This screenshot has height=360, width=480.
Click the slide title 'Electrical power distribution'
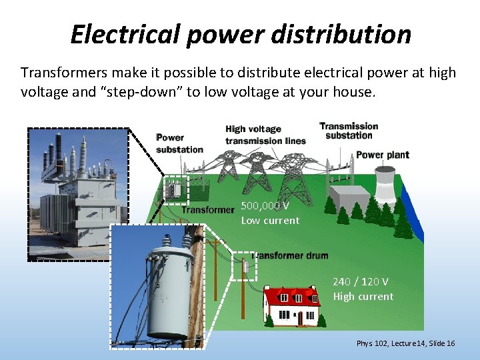pos(241,34)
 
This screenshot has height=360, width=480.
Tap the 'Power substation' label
pos(179,144)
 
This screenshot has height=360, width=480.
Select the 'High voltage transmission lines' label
pos(265,135)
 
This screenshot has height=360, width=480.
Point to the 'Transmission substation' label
pos(349,131)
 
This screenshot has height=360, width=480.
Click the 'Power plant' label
pos(383,155)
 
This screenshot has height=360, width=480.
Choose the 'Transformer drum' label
pos(291,255)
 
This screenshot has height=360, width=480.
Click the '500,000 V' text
pos(265,206)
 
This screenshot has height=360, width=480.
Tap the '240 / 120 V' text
pos(361,282)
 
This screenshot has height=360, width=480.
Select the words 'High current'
pos(363,297)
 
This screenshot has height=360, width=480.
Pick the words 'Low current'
pos(270,221)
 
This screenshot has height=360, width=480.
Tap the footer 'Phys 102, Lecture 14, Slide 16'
pos(405,343)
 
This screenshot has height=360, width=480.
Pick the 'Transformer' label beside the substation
pos(208,210)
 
